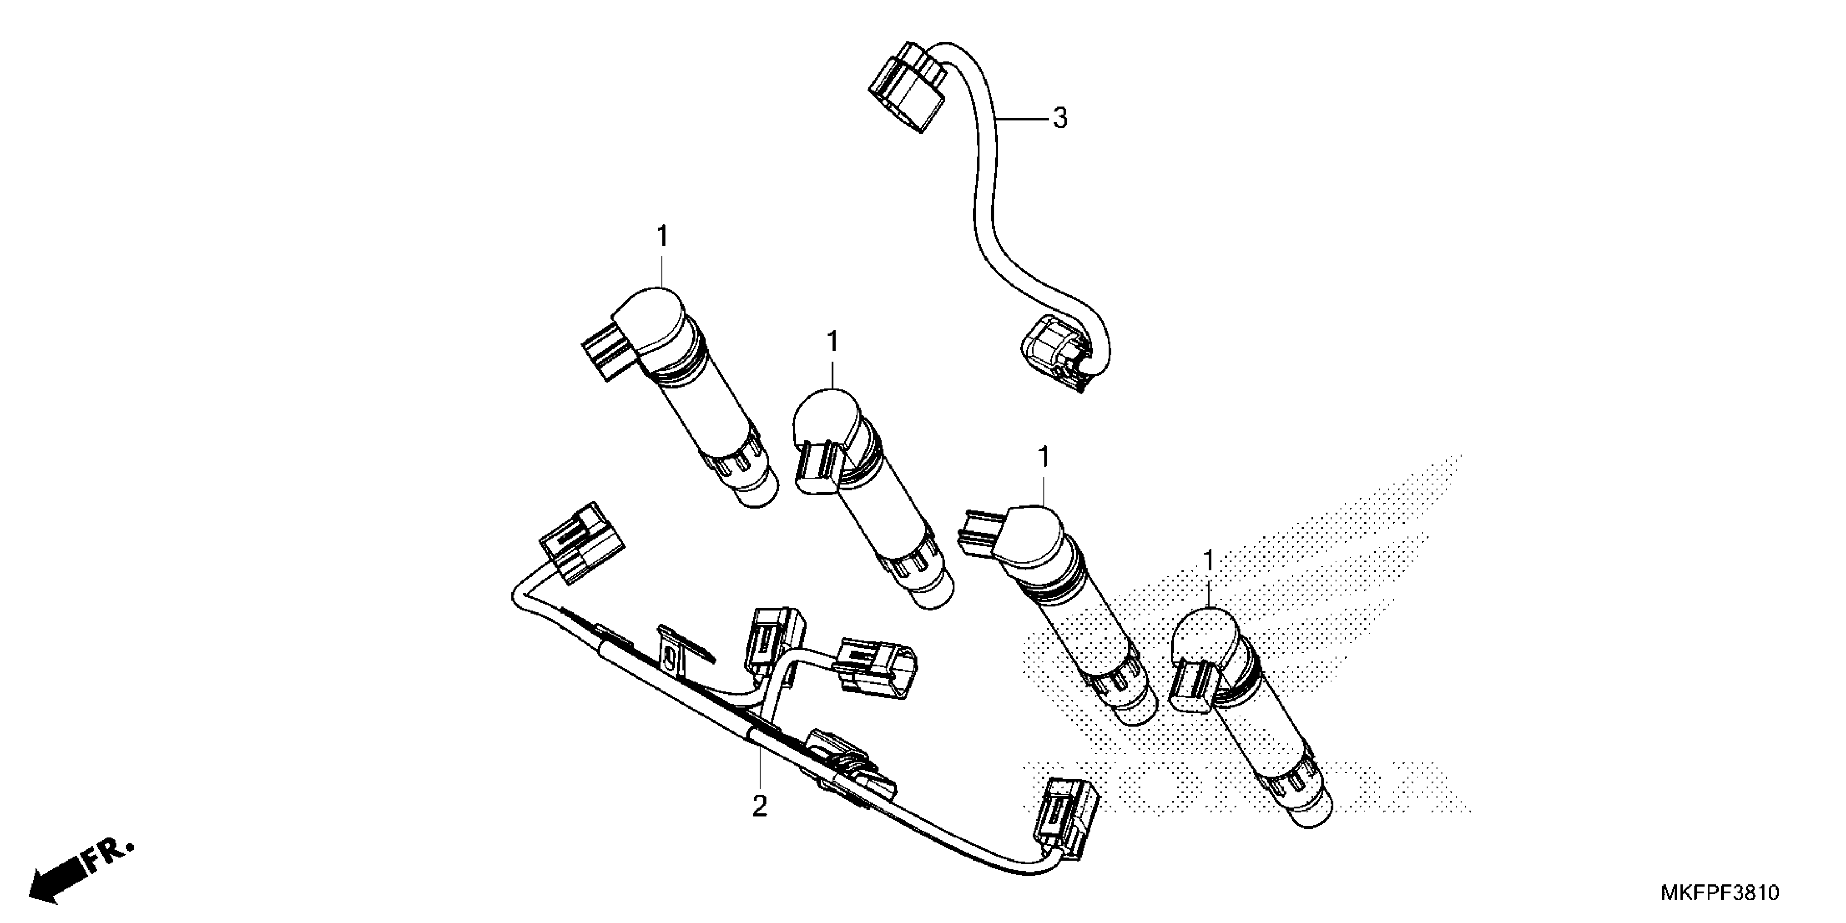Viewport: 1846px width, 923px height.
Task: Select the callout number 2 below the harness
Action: point(760,807)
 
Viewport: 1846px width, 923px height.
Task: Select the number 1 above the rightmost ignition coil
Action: point(1209,560)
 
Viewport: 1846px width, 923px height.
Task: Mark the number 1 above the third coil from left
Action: point(1044,457)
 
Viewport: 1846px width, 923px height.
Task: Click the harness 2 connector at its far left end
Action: point(581,542)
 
